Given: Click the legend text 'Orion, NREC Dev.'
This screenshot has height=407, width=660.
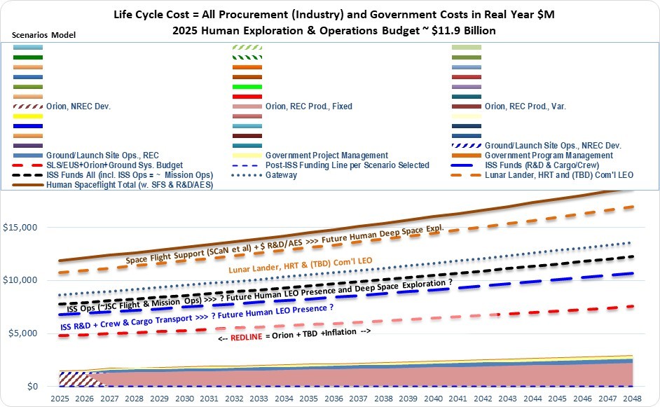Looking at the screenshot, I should pos(78,106).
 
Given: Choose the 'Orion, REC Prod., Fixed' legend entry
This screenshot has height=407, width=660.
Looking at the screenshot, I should pos(309,106).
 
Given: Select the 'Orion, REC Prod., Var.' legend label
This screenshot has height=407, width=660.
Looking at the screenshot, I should pos(525,106).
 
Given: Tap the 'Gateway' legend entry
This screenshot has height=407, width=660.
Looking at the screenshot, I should pos(282,175).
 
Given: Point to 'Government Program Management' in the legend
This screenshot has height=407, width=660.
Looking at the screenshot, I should pos(549,156).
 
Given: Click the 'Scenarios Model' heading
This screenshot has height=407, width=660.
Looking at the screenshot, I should pos(43,35).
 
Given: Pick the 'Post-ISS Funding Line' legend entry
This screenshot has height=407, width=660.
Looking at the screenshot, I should pos(348,165).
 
